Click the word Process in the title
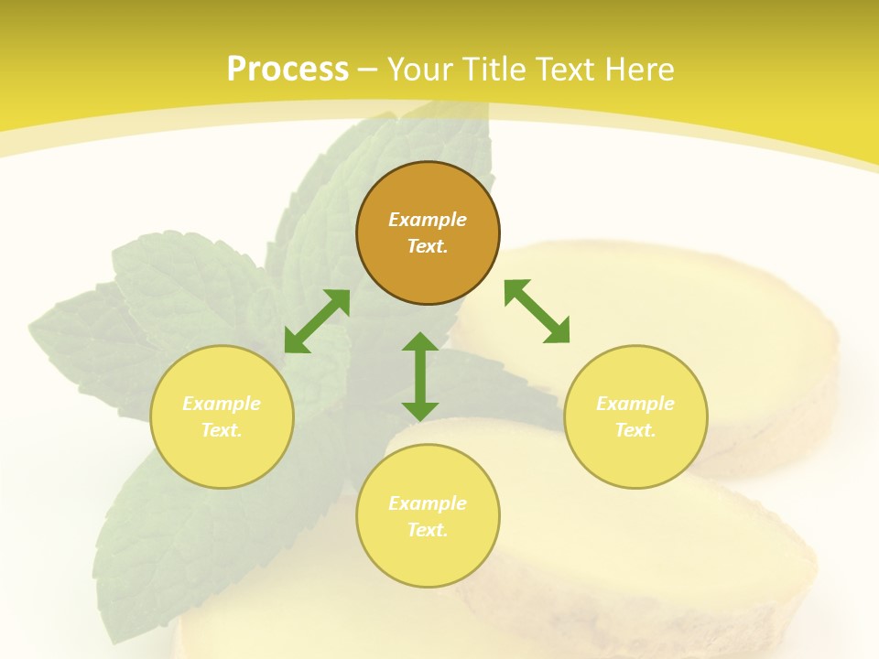[x=288, y=70]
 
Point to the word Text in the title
[x=565, y=70]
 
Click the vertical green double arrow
[x=420, y=376]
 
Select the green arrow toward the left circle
[x=317, y=320]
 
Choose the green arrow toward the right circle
[x=537, y=311]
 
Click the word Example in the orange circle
[x=428, y=220]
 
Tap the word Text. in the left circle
[x=222, y=430]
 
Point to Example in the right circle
[x=635, y=404]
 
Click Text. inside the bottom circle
[x=428, y=530]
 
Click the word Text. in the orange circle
[x=428, y=246]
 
